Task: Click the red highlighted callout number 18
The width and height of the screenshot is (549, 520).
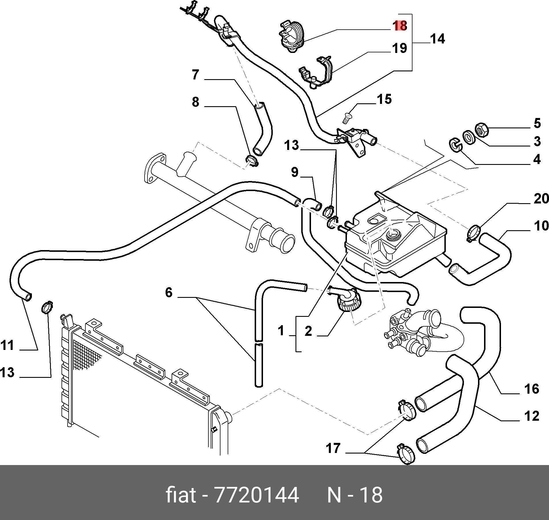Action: pyautogui.click(x=400, y=26)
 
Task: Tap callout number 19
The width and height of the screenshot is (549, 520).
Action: pyautogui.click(x=400, y=48)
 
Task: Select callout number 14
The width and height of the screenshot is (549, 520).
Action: pyautogui.click(x=437, y=39)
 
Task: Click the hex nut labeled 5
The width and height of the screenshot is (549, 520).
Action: pyautogui.click(x=483, y=130)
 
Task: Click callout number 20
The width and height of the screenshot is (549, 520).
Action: pyautogui.click(x=541, y=199)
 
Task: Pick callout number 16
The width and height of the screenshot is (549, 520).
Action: pyautogui.click(x=531, y=388)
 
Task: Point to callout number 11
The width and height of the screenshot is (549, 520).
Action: pyautogui.click(x=7, y=345)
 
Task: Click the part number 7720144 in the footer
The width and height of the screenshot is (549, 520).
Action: pyautogui.click(x=257, y=495)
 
